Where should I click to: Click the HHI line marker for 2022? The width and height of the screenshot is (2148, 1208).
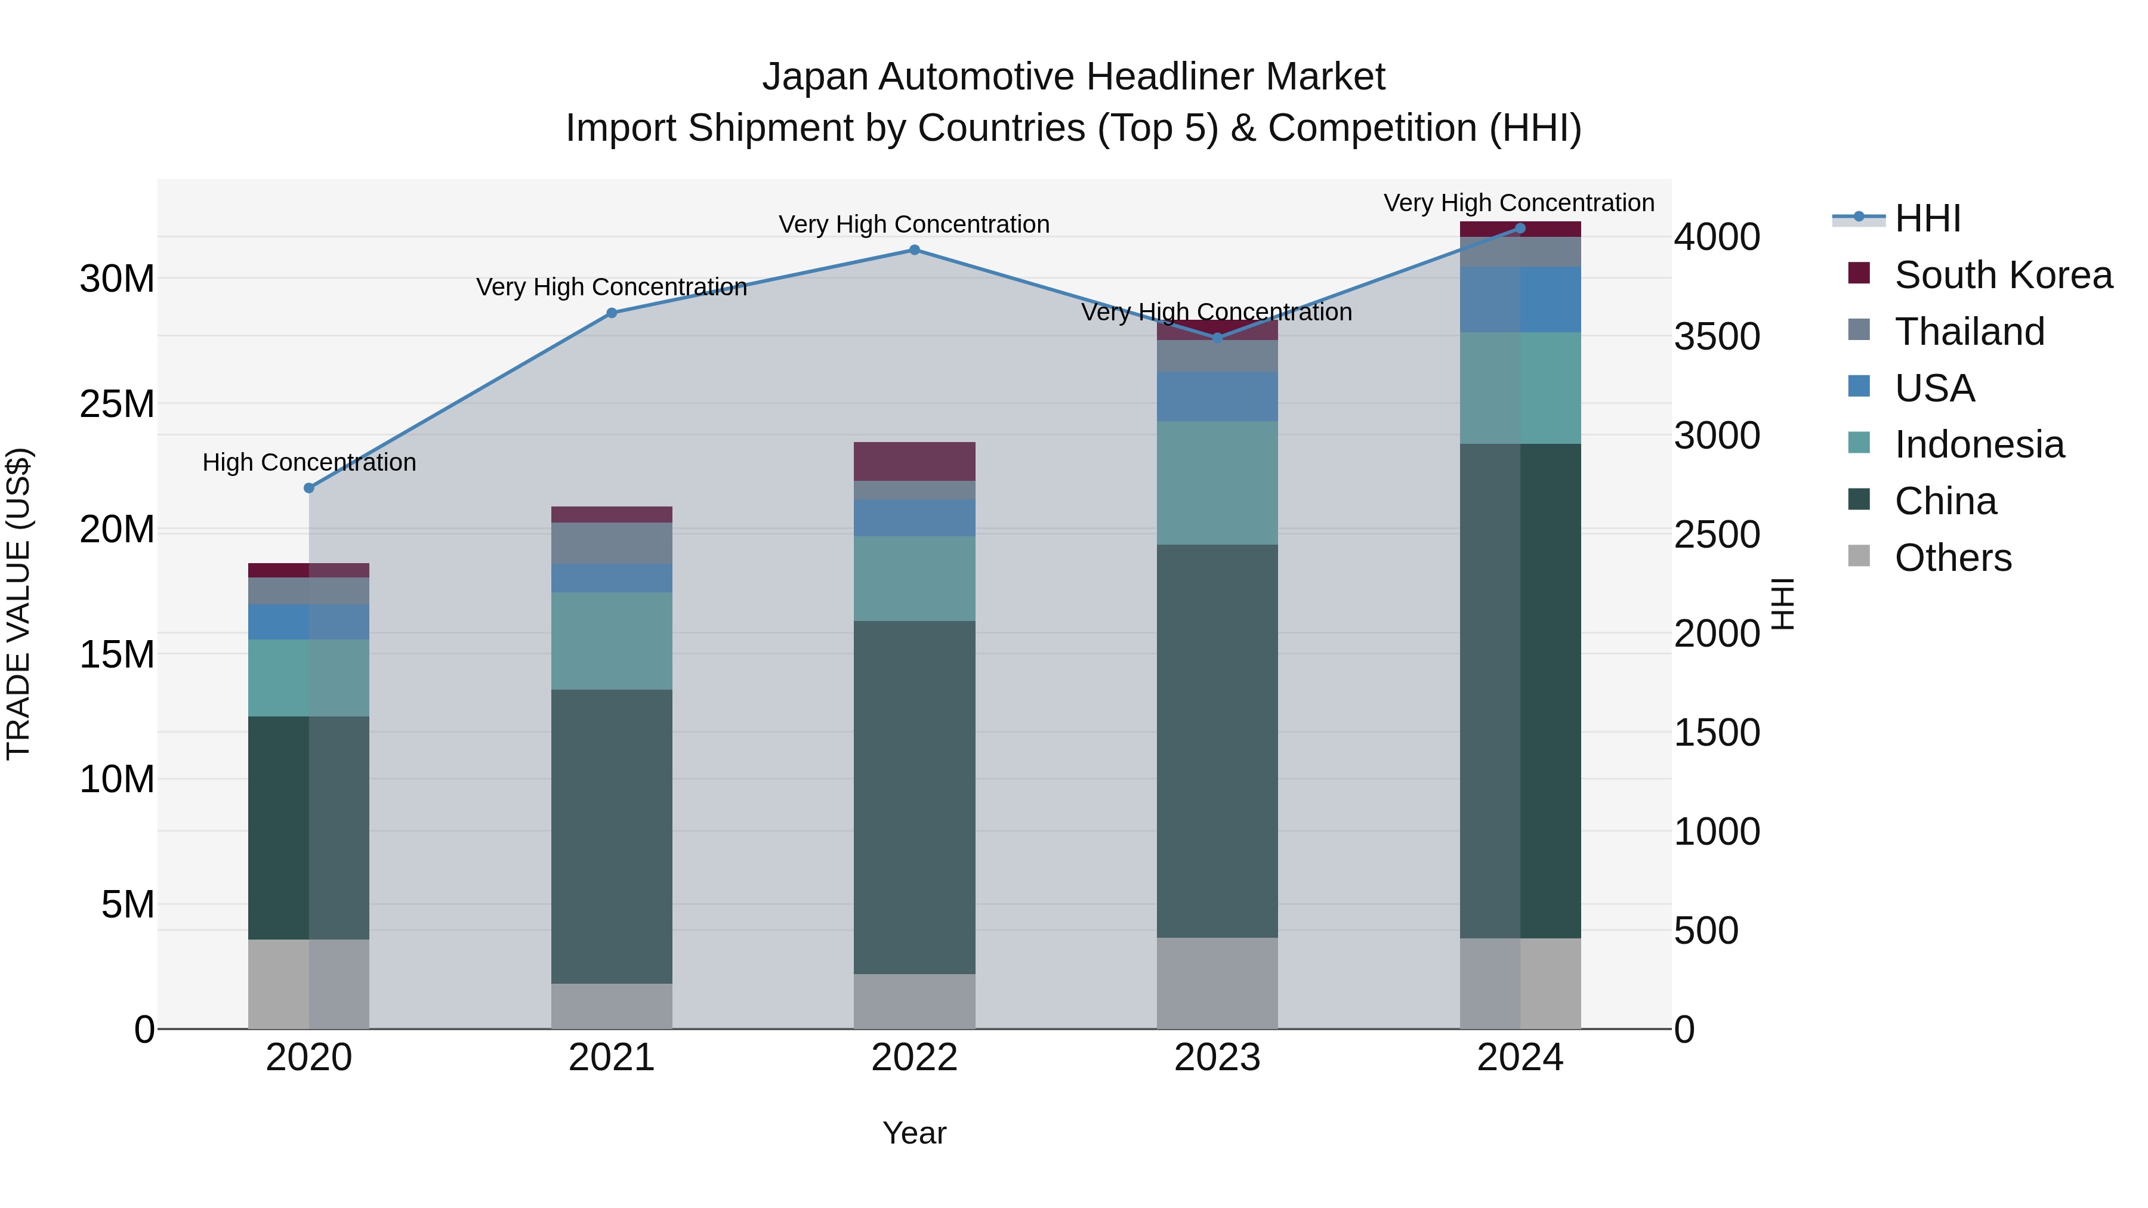914,250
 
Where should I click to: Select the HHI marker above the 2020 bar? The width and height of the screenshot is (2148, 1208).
308,488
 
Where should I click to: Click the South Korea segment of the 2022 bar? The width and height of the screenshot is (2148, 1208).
914,461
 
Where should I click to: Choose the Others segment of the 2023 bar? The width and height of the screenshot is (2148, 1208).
1217,983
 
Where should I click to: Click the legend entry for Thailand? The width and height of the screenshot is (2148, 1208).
1969,332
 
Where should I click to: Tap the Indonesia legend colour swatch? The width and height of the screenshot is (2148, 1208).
1859,443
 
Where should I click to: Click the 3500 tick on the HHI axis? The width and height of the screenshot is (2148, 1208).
1717,337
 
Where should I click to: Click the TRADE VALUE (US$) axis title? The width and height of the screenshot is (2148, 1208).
19,604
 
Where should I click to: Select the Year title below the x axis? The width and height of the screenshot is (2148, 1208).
914,1133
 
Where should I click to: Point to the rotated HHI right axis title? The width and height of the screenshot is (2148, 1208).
1781,604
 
